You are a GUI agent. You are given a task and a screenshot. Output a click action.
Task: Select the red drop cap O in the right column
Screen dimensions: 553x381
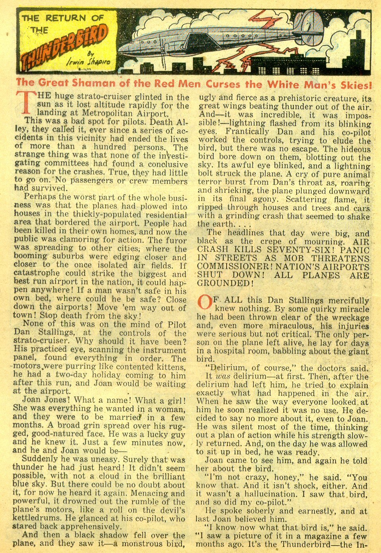coord(205,303)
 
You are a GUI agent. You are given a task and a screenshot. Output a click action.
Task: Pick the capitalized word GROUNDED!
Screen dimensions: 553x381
coord(225,283)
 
